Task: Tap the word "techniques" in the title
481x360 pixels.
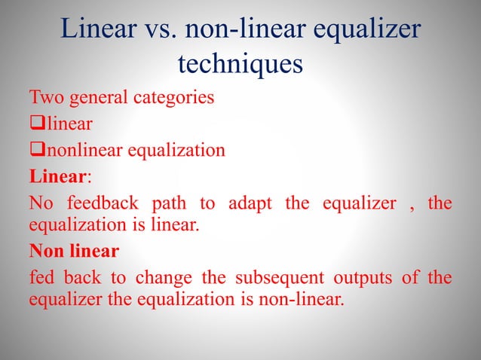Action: (x=240, y=65)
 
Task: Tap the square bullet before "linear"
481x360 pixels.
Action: (x=35, y=124)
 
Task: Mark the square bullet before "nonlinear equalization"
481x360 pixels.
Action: (x=35, y=150)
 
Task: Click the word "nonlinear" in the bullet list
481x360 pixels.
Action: (x=82, y=149)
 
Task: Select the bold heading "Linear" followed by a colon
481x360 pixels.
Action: (x=58, y=176)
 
